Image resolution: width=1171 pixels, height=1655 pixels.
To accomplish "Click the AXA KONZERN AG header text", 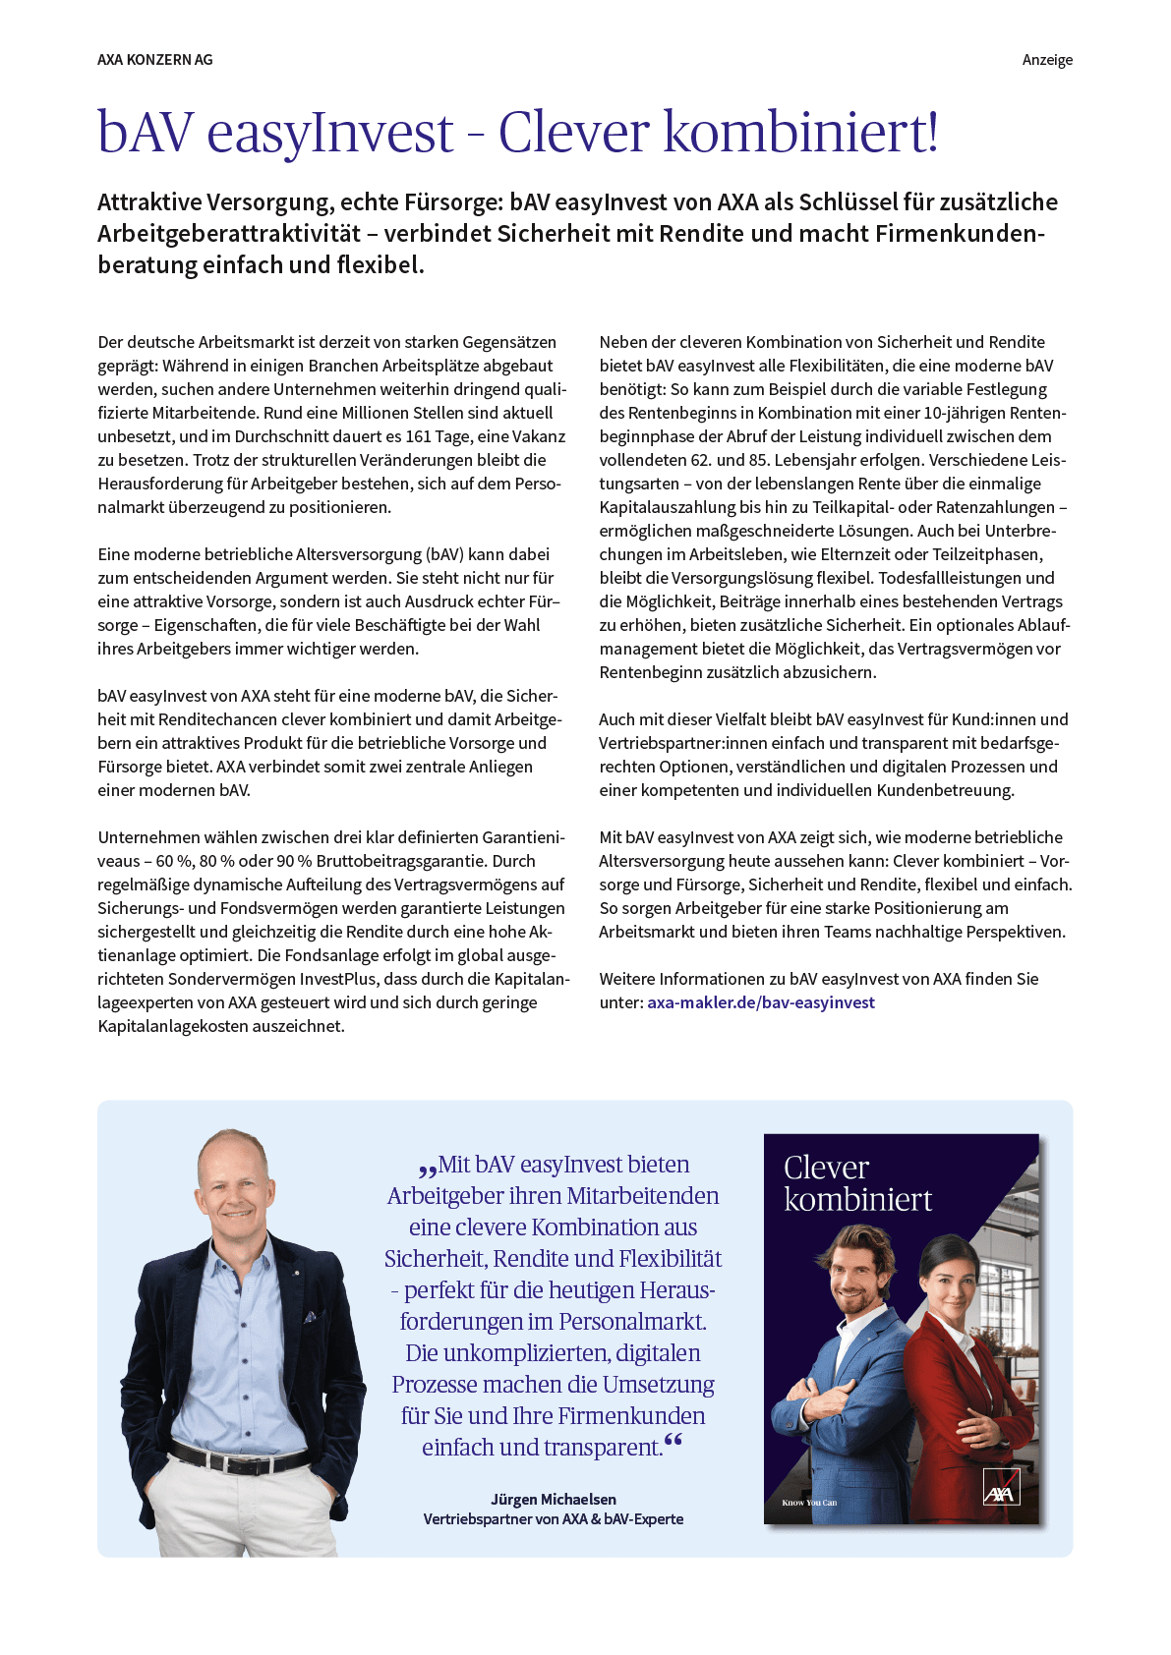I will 154,60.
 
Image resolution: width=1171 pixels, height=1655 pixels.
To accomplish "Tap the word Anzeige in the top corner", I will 1047,60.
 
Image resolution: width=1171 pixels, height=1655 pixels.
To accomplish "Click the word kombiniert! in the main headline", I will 801,133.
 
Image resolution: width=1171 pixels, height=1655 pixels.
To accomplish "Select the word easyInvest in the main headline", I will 330,133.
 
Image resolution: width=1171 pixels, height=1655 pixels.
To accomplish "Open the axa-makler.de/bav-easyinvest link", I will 760,1002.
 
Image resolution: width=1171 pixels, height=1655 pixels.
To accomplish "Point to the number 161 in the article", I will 420,436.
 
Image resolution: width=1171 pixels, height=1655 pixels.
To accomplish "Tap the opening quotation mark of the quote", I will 428,1169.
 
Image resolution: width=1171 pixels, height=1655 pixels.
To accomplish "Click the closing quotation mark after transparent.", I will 673,1442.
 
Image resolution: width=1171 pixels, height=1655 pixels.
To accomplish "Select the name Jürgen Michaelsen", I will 554,1499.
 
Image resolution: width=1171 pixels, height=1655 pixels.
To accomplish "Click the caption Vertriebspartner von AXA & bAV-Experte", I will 554,1518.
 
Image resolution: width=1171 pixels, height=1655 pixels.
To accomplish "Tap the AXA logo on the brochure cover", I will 1001,1488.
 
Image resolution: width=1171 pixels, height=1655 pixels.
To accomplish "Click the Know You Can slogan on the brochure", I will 809,1503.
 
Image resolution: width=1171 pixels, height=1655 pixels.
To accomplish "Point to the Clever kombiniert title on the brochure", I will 856,1183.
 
